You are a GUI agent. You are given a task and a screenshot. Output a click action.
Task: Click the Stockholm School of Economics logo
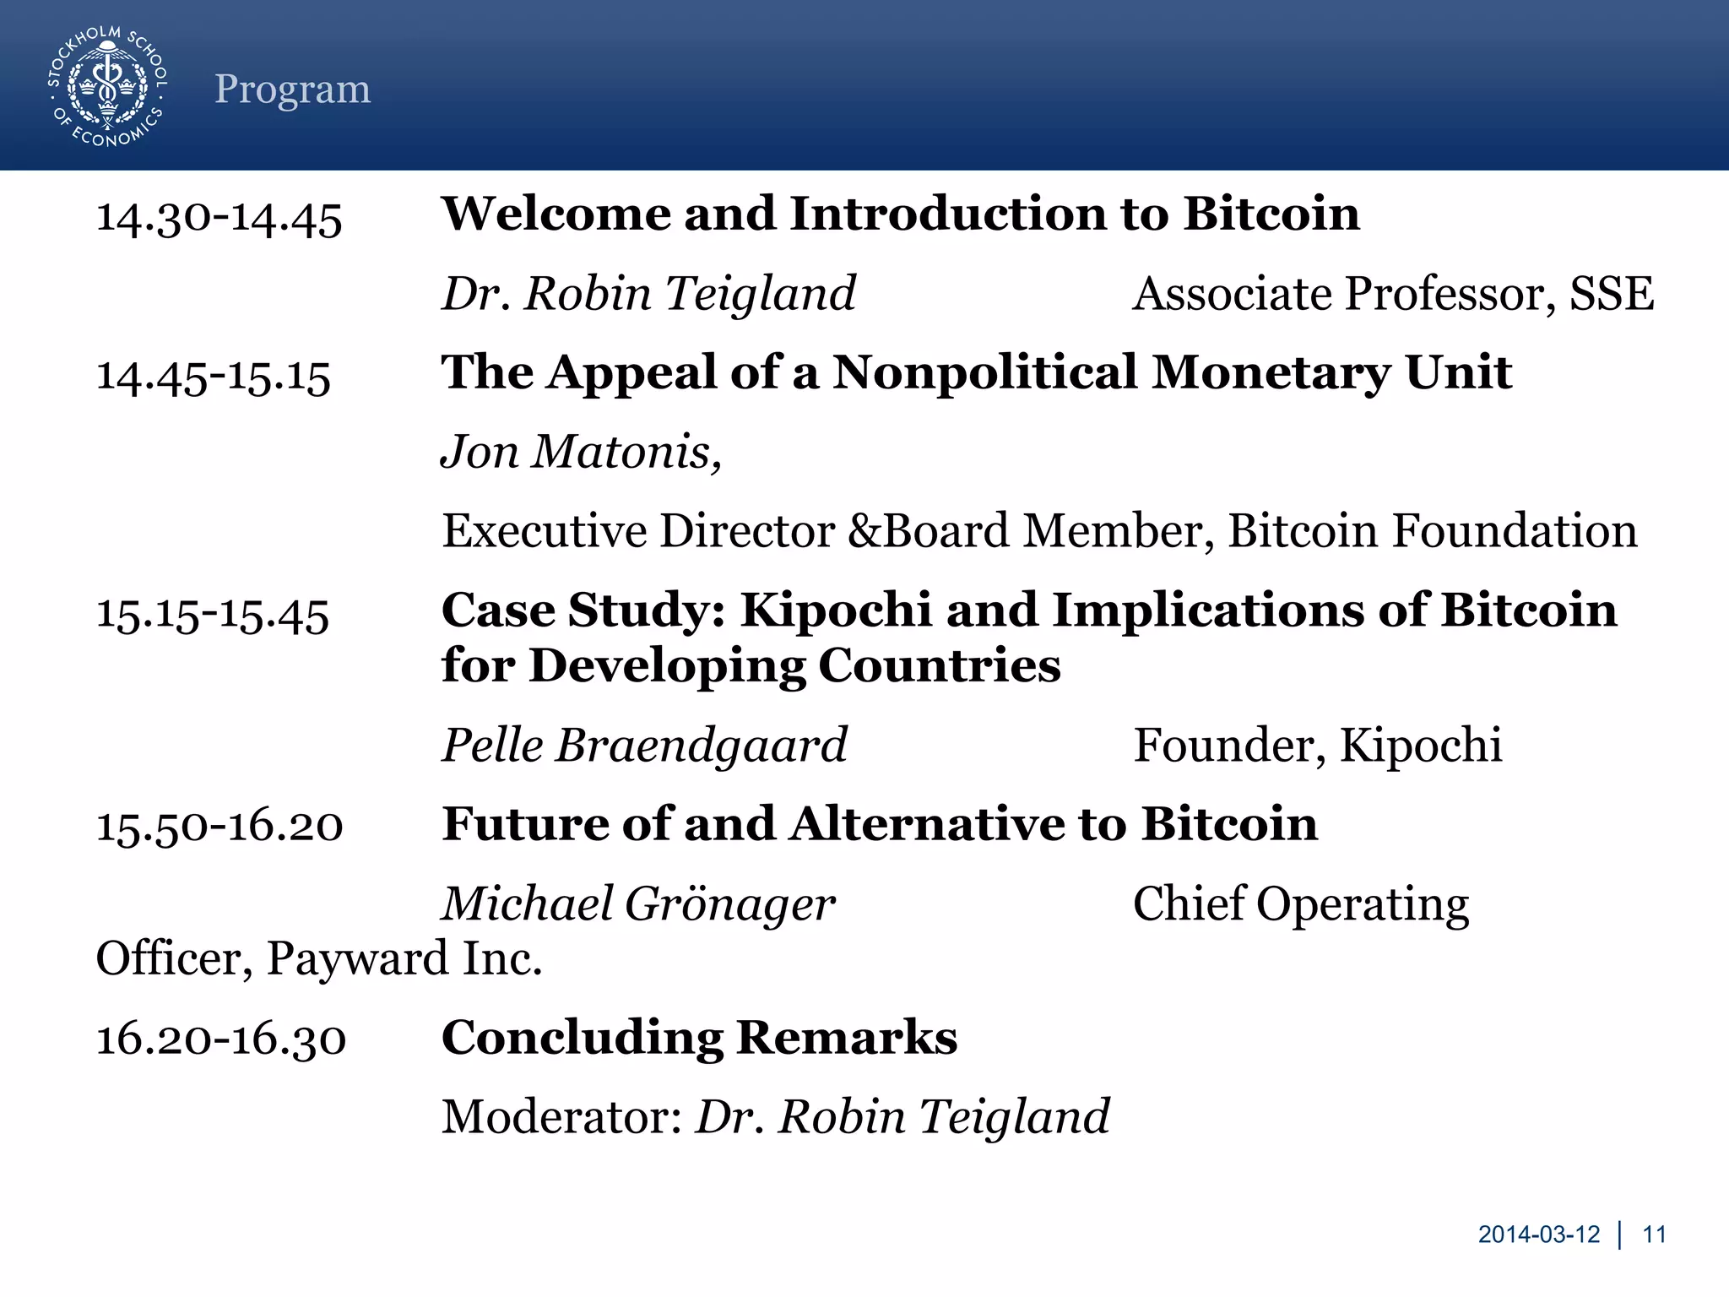107,86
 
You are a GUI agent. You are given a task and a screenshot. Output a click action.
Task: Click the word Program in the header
292,89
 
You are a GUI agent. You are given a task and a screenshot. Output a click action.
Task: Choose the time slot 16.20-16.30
220,1039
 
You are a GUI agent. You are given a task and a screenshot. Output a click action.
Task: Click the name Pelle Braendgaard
644,745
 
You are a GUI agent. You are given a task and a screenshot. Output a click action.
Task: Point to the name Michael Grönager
638,904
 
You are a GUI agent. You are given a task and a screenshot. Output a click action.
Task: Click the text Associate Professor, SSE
1392,294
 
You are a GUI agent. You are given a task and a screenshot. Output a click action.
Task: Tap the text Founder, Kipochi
1316,745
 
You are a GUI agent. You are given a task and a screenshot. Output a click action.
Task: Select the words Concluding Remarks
698,1038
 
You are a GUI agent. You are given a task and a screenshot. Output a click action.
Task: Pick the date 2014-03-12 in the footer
1538,1235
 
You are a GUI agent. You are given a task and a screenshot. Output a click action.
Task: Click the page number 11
1654,1235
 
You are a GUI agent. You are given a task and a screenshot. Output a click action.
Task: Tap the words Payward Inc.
404,958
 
